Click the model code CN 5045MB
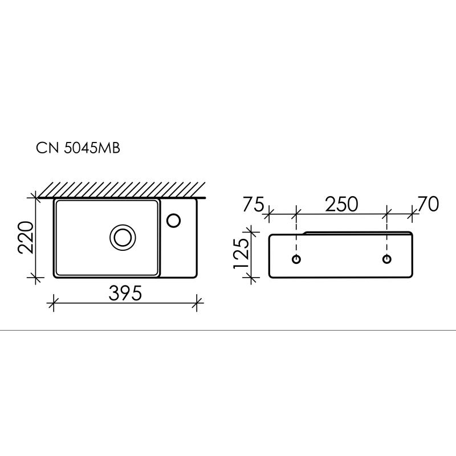tap(78, 148)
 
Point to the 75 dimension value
tap(253, 204)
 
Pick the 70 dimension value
tap(427, 204)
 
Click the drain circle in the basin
tap(122, 236)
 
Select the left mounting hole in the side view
tap(296, 260)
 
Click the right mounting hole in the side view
tap(387, 260)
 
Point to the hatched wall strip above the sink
tap(120, 189)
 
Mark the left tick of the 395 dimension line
tap(54, 302)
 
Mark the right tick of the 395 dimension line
tap(197, 302)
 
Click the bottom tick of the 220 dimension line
tap(36, 278)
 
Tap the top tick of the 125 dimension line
tap(251, 231)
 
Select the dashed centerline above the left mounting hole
tap(296, 239)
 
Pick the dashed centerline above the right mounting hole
tap(387, 239)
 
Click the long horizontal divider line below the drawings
tap(228, 330)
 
